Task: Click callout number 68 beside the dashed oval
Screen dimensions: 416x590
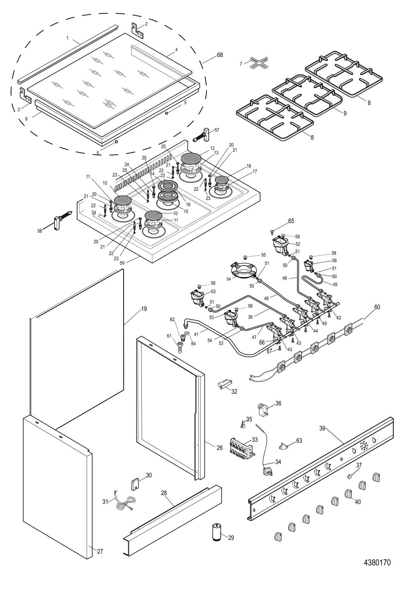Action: (x=220, y=55)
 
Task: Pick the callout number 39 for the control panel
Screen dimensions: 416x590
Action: (x=322, y=429)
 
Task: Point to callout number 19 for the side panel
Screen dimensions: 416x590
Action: (x=144, y=309)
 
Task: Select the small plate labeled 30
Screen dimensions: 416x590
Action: (x=135, y=483)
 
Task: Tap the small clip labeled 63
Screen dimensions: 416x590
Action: (x=283, y=446)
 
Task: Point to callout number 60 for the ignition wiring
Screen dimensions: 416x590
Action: (x=377, y=307)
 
